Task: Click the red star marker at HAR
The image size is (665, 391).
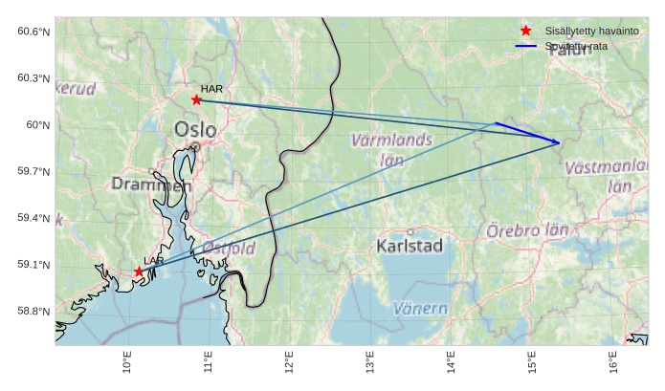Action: pos(196,99)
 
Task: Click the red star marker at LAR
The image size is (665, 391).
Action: pos(139,272)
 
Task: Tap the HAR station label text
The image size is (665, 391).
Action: pos(211,89)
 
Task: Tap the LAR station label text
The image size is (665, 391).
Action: pos(154,260)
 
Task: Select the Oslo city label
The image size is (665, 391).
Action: pos(195,129)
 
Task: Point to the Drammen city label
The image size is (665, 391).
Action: pos(151,185)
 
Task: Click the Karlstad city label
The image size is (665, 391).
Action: pos(410,246)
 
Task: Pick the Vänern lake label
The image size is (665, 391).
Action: pos(420,309)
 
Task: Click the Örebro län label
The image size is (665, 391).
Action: pos(527,230)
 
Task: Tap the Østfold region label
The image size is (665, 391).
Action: pos(229,249)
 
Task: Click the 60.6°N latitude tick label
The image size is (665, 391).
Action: pos(33,32)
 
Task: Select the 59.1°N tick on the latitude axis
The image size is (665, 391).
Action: pos(33,265)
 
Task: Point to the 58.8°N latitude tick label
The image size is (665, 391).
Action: pos(33,312)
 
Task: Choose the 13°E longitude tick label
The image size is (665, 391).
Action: pos(370,364)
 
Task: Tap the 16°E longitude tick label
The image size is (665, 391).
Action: pos(612,364)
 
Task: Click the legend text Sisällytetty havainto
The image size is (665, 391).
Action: pos(591,32)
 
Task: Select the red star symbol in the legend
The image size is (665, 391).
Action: pos(525,32)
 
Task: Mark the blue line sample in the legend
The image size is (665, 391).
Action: pos(525,46)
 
